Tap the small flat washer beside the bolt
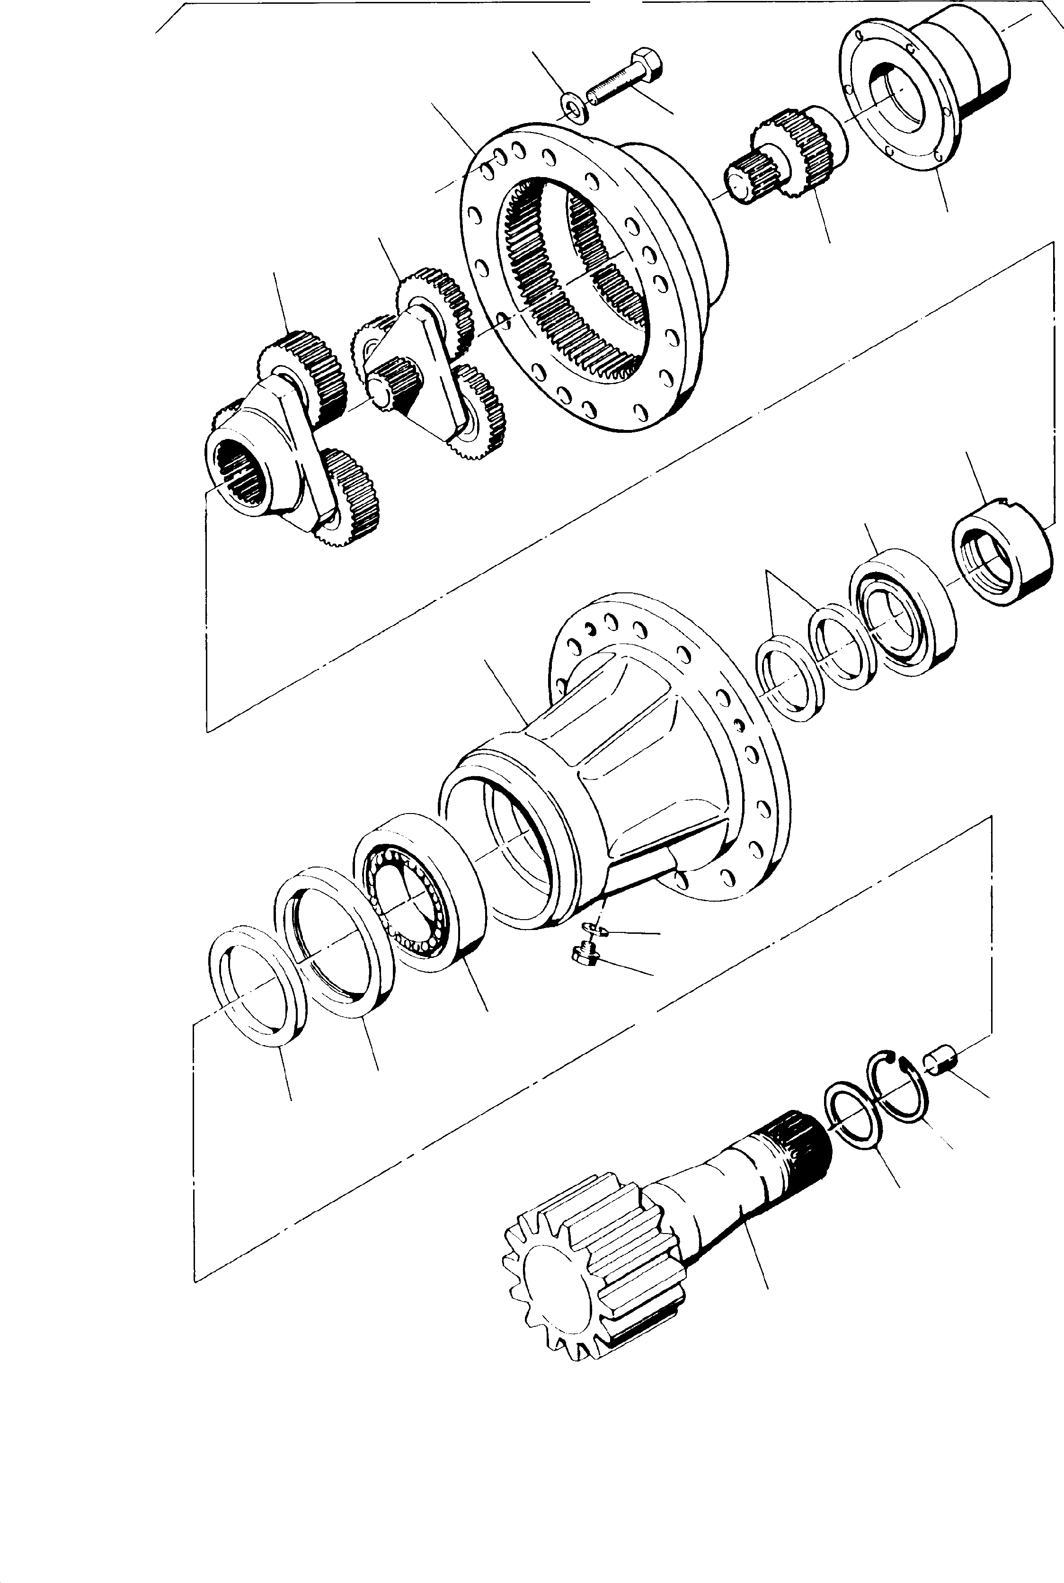[576, 107]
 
